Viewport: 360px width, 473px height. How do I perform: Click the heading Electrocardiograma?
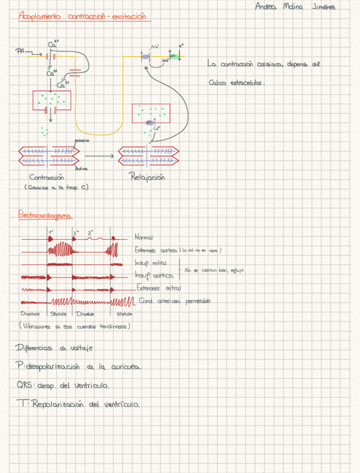click(45, 215)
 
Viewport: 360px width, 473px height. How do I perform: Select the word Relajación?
click(147, 178)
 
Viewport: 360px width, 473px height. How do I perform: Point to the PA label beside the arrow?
click(20, 51)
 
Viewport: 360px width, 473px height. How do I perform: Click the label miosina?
click(81, 141)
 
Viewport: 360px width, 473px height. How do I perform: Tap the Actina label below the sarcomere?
click(81, 168)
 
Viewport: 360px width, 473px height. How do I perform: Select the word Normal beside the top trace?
click(144, 238)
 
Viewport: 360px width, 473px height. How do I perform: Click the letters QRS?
click(25, 385)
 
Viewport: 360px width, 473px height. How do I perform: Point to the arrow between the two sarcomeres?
click(101, 156)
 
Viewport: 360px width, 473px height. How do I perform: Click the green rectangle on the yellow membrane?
click(173, 56)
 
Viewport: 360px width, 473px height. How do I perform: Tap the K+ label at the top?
click(181, 46)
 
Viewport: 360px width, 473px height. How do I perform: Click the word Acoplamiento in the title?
click(41, 16)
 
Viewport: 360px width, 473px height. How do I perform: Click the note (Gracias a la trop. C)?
click(56, 187)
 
